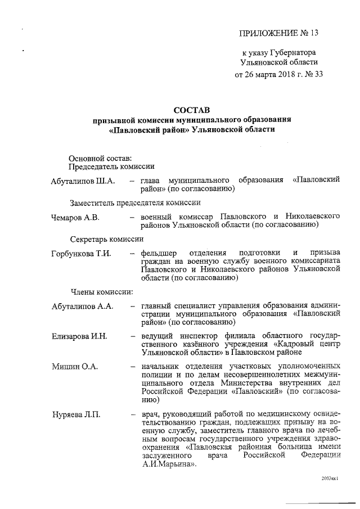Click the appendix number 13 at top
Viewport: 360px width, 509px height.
pos(313,33)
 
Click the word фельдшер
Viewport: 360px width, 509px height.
pos(159,254)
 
